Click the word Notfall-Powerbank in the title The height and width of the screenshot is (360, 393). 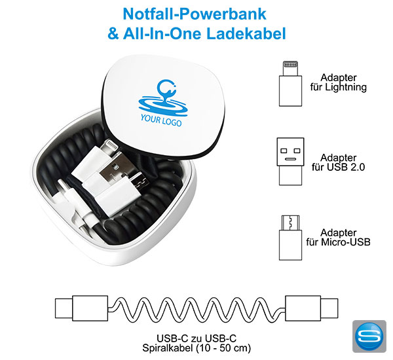pyautogui.click(x=195, y=14)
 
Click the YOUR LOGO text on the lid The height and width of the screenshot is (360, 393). pyautogui.click(x=161, y=120)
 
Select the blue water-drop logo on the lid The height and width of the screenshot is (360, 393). pyautogui.click(x=163, y=98)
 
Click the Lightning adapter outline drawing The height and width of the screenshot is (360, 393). pyautogui.click(x=290, y=84)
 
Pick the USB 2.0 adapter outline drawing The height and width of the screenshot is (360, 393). pyautogui.click(x=290, y=161)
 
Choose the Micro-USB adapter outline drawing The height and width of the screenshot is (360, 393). pyautogui.click(x=290, y=238)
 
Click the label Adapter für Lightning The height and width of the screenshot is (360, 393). pyautogui.click(x=339, y=82)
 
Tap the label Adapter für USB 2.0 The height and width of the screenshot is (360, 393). pyautogui.click(x=339, y=162)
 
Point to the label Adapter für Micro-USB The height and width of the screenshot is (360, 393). pyautogui.click(x=339, y=237)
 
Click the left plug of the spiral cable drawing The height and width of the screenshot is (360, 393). pyautogui.click(x=82, y=308)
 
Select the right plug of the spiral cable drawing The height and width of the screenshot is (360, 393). pyautogui.click(x=312, y=308)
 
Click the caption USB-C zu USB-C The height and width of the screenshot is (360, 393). pyautogui.click(x=196, y=338)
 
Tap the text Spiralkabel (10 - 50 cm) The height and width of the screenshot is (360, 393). pyautogui.click(x=196, y=348)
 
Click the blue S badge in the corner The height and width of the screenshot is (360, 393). pyautogui.click(x=369, y=336)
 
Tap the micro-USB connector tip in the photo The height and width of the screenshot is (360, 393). pyautogui.click(x=140, y=182)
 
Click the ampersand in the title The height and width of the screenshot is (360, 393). pyautogui.click(x=113, y=34)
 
